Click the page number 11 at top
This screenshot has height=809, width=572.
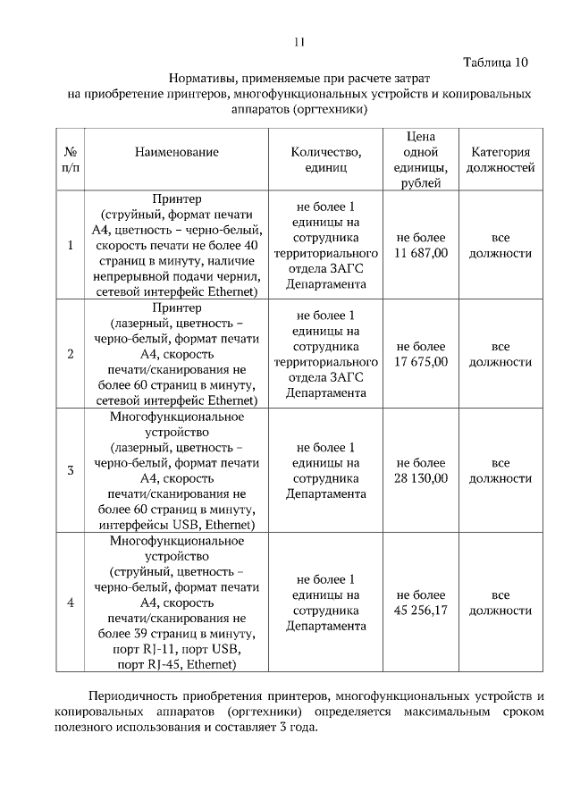click(x=299, y=42)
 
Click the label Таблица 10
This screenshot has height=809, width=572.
click(x=496, y=62)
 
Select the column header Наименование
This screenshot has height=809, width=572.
click(x=176, y=152)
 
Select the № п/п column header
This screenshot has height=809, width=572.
click(x=71, y=159)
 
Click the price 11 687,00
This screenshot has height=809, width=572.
click(x=421, y=254)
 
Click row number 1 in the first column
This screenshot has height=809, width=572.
click(x=71, y=245)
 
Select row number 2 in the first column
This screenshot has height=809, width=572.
click(x=71, y=354)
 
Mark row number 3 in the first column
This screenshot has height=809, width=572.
click(x=71, y=470)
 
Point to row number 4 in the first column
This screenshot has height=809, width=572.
click(x=71, y=603)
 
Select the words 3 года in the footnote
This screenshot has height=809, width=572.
click(x=297, y=727)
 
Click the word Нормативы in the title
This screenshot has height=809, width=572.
click(x=201, y=79)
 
